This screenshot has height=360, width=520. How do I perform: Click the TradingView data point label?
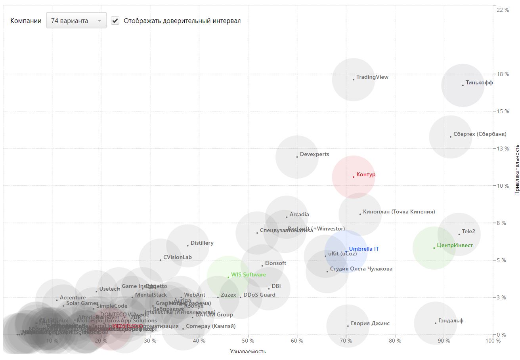(372, 77)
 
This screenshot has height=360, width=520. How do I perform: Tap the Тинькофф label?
(479, 83)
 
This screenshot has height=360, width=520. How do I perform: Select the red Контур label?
(365, 175)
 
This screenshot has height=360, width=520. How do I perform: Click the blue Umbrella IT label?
(363, 249)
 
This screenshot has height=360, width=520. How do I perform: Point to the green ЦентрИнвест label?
(455, 246)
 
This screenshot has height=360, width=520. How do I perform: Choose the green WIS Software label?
(249, 275)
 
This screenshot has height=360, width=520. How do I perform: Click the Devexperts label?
(314, 154)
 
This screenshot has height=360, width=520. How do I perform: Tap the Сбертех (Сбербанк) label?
(480, 134)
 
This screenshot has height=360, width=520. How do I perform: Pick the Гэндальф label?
(451, 321)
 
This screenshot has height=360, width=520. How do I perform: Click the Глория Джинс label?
(370, 324)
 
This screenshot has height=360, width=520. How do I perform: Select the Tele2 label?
(468, 232)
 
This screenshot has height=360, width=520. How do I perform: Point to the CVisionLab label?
(177, 257)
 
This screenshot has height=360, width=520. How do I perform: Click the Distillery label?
(202, 243)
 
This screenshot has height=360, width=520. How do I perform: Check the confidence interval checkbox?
(115, 21)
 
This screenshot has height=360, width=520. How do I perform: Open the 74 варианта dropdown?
(76, 21)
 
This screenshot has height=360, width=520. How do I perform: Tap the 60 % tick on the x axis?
(297, 341)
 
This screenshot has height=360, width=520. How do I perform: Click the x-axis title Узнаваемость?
(248, 352)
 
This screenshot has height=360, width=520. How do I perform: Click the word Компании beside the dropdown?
(26, 21)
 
